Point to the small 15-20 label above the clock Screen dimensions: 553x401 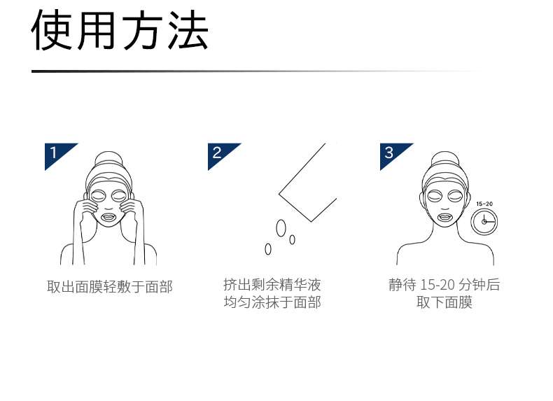(484, 204)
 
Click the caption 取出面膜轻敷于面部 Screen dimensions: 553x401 (110, 287)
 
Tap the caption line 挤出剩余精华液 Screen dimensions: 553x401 (272, 284)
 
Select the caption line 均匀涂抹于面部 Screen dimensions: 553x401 (272, 302)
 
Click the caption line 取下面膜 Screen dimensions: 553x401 (444, 302)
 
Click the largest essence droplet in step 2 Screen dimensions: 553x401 (281, 228)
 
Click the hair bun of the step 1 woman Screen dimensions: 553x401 (108, 161)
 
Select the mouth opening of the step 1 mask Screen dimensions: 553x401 (108, 216)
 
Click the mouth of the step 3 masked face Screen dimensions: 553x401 (445, 216)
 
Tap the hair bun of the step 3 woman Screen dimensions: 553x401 (445, 161)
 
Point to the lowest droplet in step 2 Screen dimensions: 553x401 (268, 249)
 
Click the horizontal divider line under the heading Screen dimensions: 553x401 (261, 71)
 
